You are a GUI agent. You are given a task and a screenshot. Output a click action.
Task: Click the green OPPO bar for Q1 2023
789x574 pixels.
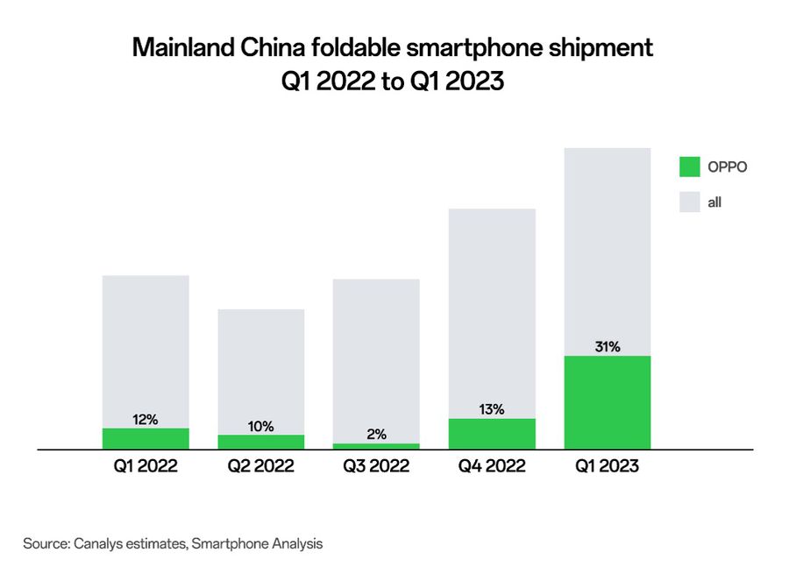point(607,402)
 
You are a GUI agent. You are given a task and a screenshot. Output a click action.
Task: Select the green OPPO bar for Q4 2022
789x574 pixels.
point(492,434)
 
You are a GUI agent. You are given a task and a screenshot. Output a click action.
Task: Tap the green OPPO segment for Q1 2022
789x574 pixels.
point(146,438)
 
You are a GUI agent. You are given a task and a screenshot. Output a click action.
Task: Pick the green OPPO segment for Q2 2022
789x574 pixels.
point(260,442)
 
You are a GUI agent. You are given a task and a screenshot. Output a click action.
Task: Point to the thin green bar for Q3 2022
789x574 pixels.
point(376,446)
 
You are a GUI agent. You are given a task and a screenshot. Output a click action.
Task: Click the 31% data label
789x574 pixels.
point(607,347)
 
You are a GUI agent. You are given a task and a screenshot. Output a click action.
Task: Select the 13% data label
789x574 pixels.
point(492,409)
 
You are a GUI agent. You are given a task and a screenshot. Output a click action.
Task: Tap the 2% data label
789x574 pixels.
point(376,435)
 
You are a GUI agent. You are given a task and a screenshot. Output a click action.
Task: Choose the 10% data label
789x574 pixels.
point(260,427)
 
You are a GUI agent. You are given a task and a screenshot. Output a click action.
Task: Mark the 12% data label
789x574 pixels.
point(146,420)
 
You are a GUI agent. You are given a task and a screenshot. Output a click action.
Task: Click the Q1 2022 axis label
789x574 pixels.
point(146,467)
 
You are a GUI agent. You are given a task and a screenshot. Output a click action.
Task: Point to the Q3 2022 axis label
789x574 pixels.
point(376,467)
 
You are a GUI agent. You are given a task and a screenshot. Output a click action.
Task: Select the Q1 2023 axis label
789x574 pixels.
point(607,467)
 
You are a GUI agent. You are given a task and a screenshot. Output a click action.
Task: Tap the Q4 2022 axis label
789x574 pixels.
point(492,467)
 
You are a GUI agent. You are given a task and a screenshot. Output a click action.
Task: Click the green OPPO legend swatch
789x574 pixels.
point(690,167)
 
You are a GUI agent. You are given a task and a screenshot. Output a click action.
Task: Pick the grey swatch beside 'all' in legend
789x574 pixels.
point(690,202)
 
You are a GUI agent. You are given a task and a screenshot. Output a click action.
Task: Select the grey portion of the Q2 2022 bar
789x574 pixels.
point(260,368)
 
